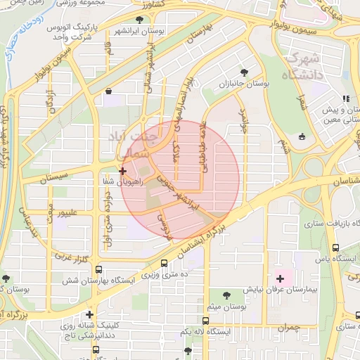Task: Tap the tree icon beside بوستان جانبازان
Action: (x=244, y=72)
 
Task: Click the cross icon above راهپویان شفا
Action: (x=122, y=170)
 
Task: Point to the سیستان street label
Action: (x=53, y=177)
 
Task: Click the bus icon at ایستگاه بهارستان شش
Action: (x=98, y=269)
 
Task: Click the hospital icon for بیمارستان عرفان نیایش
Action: (x=281, y=278)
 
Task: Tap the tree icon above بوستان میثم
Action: (x=227, y=296)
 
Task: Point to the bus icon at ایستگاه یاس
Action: (x=336, y=248)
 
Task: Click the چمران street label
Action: (x=288, y=327)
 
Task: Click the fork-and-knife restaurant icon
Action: (x=345, y=99)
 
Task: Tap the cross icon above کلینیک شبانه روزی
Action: (x=89, y=314)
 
